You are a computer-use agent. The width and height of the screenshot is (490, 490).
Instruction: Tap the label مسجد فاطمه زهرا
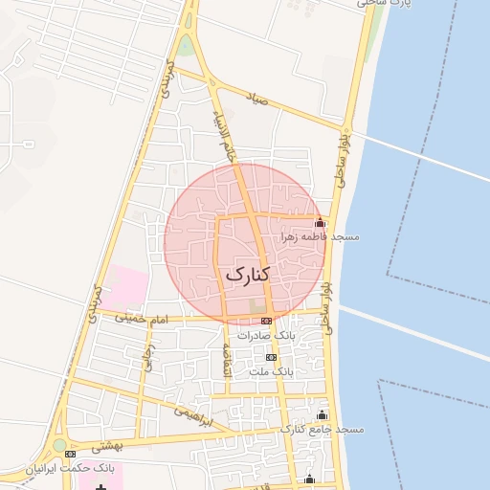[x=319, y=235]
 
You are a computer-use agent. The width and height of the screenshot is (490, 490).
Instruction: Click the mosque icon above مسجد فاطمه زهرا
[x=320, y=222]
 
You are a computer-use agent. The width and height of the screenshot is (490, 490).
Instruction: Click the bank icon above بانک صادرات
[x=266, y=321]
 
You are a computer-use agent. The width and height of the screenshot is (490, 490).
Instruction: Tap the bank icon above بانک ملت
[x=271, y=356]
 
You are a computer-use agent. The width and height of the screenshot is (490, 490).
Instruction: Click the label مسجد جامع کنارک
[x=322, y=430]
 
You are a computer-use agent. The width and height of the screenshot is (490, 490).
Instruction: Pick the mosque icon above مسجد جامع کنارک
[x=322, y=415]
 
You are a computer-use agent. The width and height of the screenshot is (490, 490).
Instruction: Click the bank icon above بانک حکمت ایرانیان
[x=71, y=454]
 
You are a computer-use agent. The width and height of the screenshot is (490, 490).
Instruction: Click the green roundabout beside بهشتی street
[x=60, y=445]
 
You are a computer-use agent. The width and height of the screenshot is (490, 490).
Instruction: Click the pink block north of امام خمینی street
[x=126, y=285]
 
